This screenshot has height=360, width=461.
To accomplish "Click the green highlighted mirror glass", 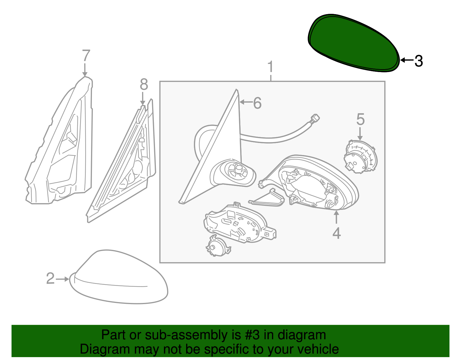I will [x=353, y=43].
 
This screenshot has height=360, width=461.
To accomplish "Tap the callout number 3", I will [x=419, y=61].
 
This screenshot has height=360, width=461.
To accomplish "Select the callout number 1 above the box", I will [x=270, y=67].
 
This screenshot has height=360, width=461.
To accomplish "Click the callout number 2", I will [x=50, y=278].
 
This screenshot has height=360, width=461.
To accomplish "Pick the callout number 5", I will [x=360, y=119].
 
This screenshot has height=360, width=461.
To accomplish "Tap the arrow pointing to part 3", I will [x=407, y=60].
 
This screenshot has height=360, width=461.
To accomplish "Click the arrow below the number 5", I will [x=360, y=134].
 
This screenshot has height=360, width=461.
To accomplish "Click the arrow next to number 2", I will [x=63, y=279].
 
